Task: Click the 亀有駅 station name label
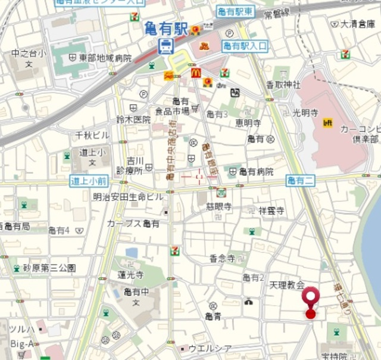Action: pos(166,27)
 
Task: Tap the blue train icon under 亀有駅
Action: pos(166,45)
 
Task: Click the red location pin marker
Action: pos(310,301)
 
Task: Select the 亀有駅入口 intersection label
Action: pos(245,46)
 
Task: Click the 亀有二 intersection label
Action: pos(300,181)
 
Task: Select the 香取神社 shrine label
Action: pos(283,85)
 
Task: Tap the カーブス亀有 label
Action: pos(133,224)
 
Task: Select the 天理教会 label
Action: pos(287,285)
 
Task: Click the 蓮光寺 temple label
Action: pos(130,275)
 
